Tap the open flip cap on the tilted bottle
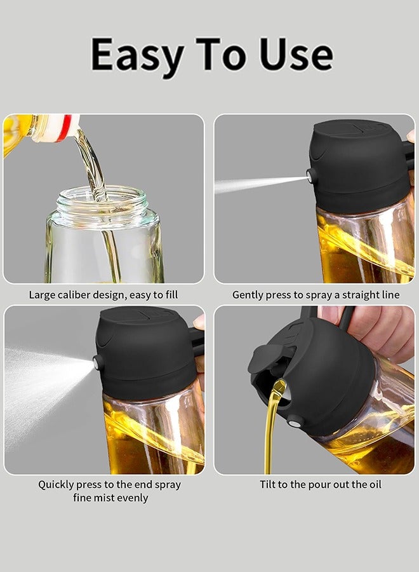[263, 359]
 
